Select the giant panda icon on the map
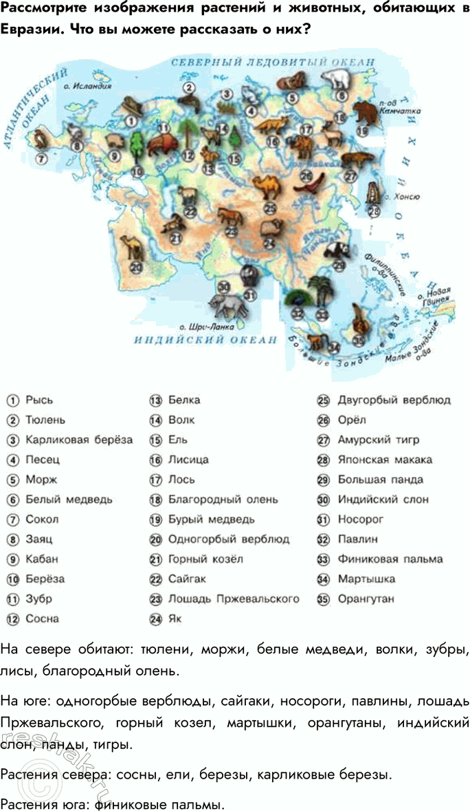pyautogui.click(x=337, y=251)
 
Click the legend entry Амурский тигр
pyautogui.click(x=378, y=440)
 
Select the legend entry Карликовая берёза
pyautogui.click(x=79, y=440)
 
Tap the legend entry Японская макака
pyautogui.click(x=385, y=459)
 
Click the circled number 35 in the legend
pyautogui.click(x=322, y=598)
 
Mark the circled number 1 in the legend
pyautogui.click(x=12, y=400)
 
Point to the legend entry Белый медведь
pyautogui.click(x=69, y=499)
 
